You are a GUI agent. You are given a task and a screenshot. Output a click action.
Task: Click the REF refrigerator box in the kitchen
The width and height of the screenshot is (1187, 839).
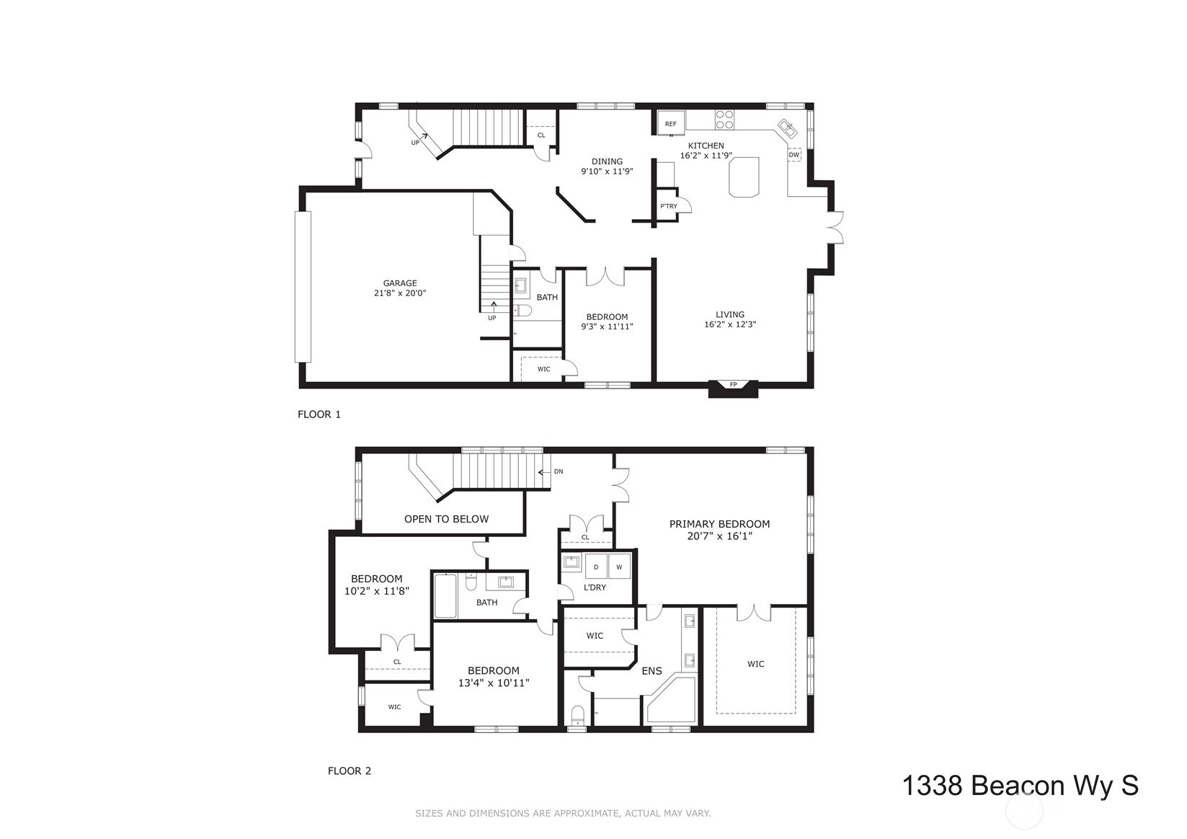(670, 123)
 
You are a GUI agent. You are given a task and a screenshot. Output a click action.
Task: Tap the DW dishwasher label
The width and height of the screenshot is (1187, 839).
(793, 155)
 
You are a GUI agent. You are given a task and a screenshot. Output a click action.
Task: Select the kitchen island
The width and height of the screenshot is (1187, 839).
(744, 177)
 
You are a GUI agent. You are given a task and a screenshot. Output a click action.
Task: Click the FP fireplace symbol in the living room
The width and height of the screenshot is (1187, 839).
(734, 385)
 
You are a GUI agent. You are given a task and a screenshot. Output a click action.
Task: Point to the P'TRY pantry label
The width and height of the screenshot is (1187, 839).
(668, 207)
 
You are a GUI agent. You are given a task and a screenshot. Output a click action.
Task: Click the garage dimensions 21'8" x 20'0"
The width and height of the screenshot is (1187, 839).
(400, 293)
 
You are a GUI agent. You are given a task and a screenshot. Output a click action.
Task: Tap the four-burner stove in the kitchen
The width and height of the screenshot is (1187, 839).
(724, 119)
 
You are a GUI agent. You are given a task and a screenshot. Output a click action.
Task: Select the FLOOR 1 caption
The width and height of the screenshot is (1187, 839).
(319, 414)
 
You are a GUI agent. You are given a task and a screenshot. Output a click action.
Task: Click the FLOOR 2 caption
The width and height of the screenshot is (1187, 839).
(349, 771)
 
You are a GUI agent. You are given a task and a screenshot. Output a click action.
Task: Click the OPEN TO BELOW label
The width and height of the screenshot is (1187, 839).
(446, 519)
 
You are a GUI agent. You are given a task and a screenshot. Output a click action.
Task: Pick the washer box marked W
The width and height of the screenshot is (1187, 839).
(619, 567)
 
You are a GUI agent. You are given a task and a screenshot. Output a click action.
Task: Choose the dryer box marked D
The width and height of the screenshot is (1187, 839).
(596, 567)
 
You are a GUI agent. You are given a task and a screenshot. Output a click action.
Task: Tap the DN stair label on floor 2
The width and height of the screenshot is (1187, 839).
(558, 471)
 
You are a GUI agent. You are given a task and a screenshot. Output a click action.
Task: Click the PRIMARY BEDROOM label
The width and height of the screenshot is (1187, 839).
(719, 524)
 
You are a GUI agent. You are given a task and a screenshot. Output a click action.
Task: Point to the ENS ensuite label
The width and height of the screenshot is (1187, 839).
(652, 671)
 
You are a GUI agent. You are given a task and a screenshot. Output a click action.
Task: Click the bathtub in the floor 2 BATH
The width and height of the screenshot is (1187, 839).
(445, 595)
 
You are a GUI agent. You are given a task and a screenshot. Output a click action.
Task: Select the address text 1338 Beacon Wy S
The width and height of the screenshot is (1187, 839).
(1020, 786)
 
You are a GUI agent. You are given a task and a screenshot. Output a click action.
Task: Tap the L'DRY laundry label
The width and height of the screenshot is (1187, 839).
(595, 587)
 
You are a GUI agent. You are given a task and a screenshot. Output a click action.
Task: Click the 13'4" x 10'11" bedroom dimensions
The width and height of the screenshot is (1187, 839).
(494, 683)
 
